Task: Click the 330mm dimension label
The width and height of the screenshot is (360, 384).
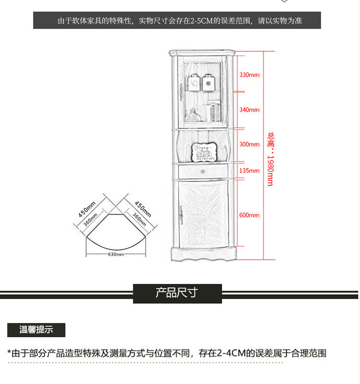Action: [249, 75]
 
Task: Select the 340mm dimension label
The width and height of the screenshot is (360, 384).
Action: [249, 110]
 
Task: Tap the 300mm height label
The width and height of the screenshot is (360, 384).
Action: [249, 144]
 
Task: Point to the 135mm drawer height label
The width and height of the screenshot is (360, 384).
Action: [249, 170]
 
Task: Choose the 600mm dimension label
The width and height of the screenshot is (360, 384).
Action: [249, 215]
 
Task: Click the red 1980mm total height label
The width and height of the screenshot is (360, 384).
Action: [270, 158]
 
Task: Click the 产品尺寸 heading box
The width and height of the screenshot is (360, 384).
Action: [177, 293]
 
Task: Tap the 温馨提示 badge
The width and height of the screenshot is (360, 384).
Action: [36, 330]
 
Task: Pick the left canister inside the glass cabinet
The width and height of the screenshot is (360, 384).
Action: [194, 82]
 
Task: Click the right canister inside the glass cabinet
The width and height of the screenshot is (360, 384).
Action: [209, 82]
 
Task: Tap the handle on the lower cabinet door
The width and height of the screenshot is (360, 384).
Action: [182, 215]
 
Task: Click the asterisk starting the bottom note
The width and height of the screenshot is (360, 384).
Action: [9, 353]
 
